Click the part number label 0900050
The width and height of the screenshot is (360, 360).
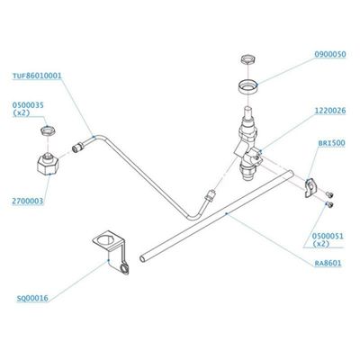point(330,54)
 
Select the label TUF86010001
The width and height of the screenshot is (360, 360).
point(37,76)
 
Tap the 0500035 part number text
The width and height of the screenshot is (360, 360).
point(28,105)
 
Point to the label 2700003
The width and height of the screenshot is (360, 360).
point(28,202)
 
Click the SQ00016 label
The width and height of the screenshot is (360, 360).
point(32,298)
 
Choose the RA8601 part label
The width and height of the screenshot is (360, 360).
point(328,264)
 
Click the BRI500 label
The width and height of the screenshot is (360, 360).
point(331,143)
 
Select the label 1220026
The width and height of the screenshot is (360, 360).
point(330,111)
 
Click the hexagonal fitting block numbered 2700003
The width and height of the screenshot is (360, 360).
point(48,164)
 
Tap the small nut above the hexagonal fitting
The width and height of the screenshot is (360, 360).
point(48,131)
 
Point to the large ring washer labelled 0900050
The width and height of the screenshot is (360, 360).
point(248,87)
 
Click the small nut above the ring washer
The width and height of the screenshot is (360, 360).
point(248,59)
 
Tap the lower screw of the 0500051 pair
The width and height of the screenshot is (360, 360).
point(329,205)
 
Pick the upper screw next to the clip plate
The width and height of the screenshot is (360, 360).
point(329,194)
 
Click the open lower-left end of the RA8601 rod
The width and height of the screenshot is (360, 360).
point(142,258)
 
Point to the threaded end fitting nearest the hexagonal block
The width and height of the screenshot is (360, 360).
point(77,148)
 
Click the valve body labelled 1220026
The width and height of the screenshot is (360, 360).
point(248,144)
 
